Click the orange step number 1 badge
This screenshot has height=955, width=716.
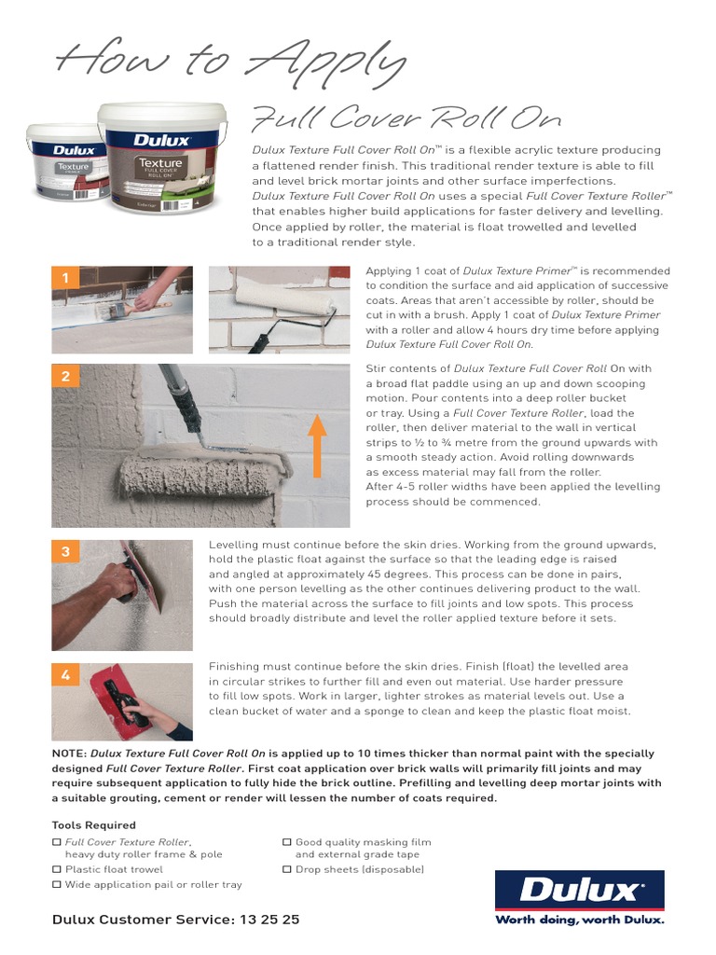[x=65, y=278]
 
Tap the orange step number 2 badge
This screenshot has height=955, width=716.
[x=65, y=377]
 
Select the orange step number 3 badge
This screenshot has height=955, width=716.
[x=65, y=552]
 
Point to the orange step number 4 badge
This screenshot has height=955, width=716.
[x=65, y=674]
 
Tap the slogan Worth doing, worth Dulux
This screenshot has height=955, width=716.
[x=579, y=920]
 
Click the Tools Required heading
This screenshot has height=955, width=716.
[x=93, y=825]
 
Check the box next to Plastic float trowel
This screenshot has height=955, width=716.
[x=57, y=869]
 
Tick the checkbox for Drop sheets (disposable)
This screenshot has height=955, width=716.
[x=287, y=869]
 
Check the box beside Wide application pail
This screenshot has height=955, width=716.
[x=57, y=884]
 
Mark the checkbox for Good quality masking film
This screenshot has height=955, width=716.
[x=287, y=842]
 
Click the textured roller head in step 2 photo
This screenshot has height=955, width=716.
[x=201, y=473]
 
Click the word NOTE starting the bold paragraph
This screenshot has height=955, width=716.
[x=68, y=754]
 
